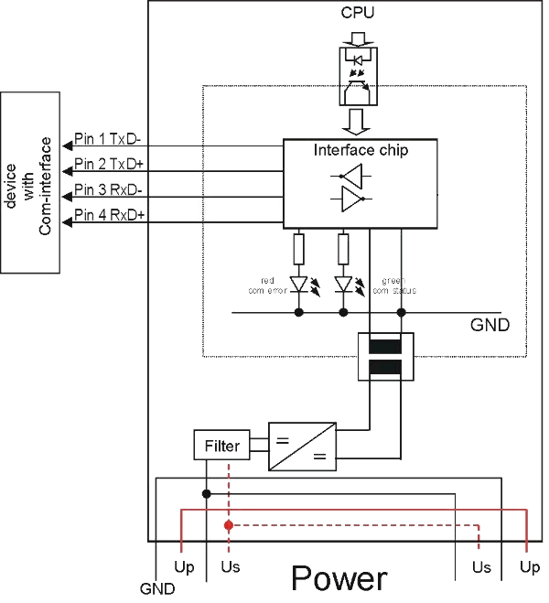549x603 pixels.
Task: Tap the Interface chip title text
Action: pyautogui.click(x=361, y=150)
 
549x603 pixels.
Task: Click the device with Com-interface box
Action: pyautogui.click(x=28, y=181)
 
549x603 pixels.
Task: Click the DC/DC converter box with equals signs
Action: pyautogui.click(x=302, y=447)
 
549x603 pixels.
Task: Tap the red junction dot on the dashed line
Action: pyautogui.click(x=229, y=525)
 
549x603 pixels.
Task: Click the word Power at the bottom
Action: pyautogui.click(x=339, y=579)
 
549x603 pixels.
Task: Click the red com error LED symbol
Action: pyautogui.click(x=299, y=285)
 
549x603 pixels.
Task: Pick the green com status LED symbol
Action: pyautogui.click(x=344, y=285)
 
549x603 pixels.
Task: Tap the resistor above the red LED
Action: pyautogui.click(x=299, y=248)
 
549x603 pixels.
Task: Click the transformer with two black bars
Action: pyautogui.click(x=385, y=358)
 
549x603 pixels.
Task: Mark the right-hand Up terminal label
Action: pyautogui.click(x=529, y=567)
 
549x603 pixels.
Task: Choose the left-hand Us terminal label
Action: pyautogui.click(x=231, y=567)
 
